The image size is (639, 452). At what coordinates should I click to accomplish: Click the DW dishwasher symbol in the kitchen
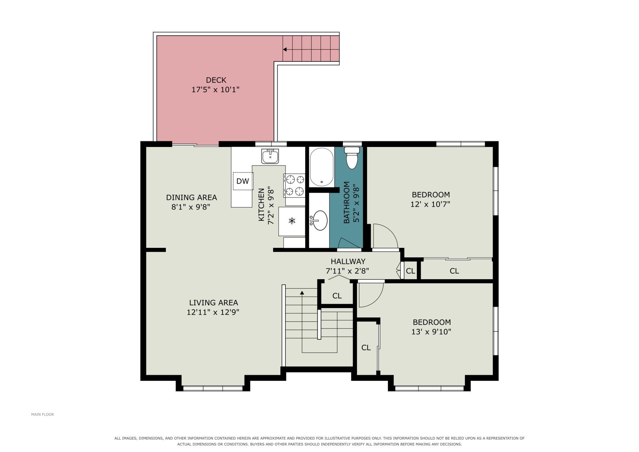click(x=243, y=181)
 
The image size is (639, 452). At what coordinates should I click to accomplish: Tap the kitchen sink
click(x=270, y=156)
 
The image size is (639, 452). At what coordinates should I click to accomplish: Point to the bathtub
click(x=322, y=167)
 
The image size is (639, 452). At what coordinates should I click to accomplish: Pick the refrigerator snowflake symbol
click(x=292, y=220)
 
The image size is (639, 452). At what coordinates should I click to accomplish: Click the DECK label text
click(x=216, y=80)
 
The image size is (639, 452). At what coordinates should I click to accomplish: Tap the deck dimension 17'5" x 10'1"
click(x=215, y=90)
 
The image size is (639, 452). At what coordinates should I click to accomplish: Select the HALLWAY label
click(x=348, y=261)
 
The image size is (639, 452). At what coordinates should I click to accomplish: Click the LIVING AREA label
click(x=214, y=303)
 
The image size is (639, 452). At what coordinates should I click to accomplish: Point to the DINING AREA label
click(x=191, y=197)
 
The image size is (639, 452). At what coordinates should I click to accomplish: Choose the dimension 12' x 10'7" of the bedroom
click(x=430, y=204)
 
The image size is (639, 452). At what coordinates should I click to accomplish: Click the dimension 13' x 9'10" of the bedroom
click(x=431, y=332)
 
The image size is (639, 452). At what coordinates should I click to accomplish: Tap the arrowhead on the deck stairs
click(x=285, y=49)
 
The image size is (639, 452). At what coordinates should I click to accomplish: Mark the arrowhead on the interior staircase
click(x=302, y=293)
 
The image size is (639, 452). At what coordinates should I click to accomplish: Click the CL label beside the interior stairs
click(x=337, y=296)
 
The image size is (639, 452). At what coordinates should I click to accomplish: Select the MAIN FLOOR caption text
click(x=42, y=414)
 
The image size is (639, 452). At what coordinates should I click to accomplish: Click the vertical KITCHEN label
click(x=261, y=204)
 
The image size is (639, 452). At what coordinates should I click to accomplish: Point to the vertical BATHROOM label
click(x=347, y=202)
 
